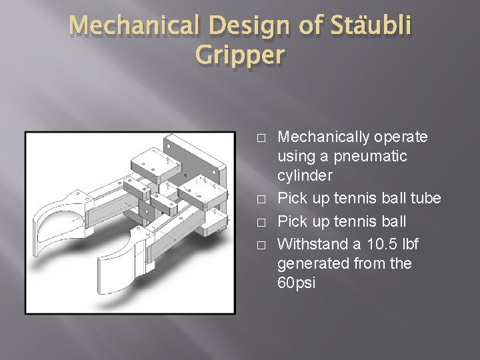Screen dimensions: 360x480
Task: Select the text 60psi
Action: click(x=297, y=283)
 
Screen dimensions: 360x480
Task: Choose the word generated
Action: click(x=313, y=263)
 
